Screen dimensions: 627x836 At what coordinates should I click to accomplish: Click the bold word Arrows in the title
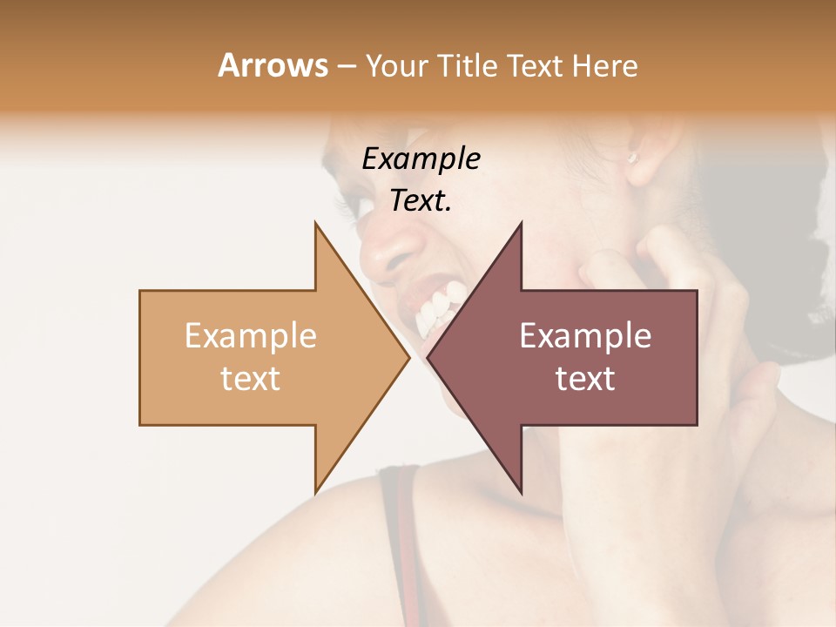tap(273, 65)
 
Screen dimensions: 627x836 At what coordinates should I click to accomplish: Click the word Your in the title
tap(397, 66)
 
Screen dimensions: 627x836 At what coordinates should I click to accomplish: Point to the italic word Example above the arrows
tap(421, 158)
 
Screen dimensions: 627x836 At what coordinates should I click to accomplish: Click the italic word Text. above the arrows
tap(421, 200)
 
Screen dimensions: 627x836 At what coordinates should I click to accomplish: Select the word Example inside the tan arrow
tap(251, 335)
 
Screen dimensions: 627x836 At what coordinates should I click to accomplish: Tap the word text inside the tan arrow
tap(251, 378)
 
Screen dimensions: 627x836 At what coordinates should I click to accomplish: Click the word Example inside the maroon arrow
tap(585, 335)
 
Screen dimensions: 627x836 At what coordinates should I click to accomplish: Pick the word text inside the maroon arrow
tap(585, 378)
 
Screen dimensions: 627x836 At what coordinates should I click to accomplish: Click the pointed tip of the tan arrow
tap(408, 357)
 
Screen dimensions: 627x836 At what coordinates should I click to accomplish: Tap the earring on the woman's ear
tap(632, 158)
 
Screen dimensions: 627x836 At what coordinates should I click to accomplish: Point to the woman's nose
tap(383, 253)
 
